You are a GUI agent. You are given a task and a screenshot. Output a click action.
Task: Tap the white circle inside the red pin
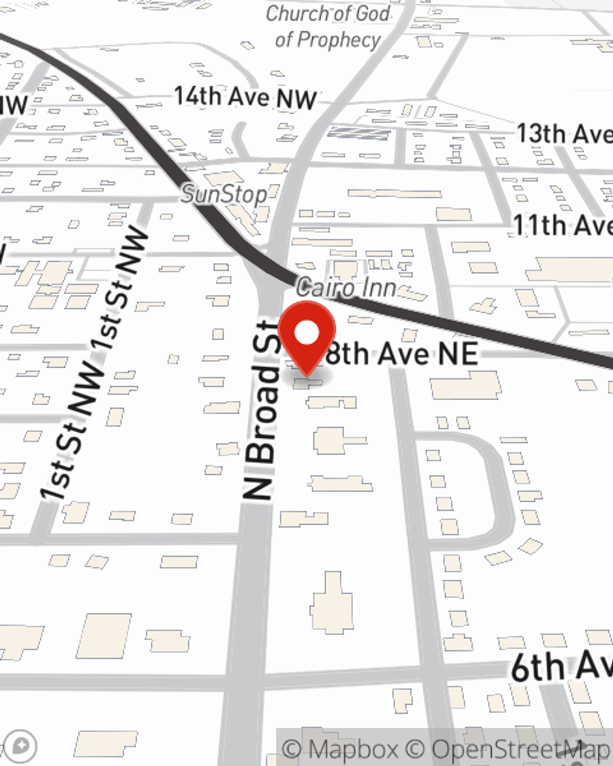click(306, 333)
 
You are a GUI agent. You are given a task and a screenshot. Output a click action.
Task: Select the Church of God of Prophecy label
click(328, 26)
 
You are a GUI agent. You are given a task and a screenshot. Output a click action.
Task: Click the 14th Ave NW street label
click(245, 97)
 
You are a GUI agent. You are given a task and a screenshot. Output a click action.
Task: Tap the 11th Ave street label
click(562, 226)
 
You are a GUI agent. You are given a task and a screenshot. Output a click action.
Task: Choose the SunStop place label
click(224, 195)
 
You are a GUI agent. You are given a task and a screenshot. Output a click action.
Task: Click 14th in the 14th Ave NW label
click(197, 96)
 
